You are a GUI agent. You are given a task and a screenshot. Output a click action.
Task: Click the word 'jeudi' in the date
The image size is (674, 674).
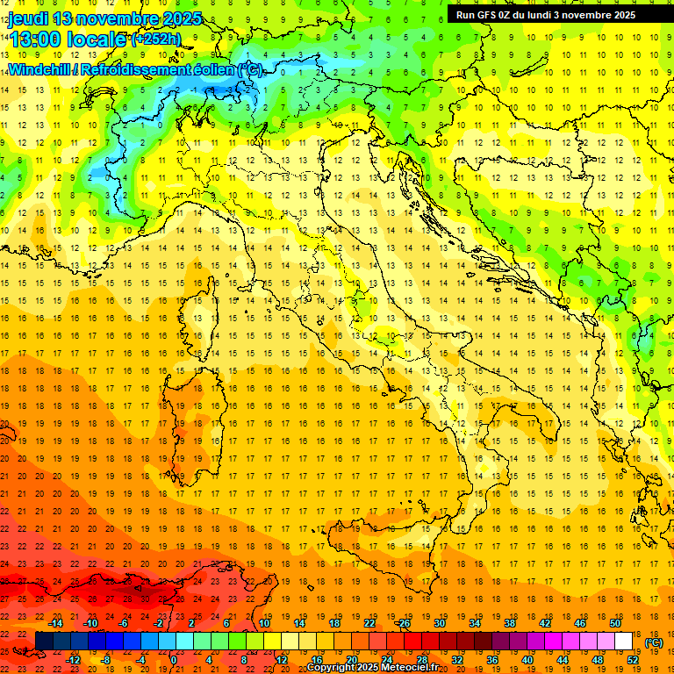[x=28, y=18]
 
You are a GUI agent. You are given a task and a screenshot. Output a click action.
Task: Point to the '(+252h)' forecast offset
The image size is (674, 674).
[x=156, y=39]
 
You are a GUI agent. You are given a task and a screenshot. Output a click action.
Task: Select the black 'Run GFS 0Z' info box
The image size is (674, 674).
[x=554, y=15]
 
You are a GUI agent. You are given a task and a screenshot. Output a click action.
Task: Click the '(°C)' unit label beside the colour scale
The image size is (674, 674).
[x=653, y=642]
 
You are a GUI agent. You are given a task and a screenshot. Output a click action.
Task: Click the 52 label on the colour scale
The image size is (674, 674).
[x=633, y=659]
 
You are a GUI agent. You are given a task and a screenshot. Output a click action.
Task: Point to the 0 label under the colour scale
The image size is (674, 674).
[x=174, y=659]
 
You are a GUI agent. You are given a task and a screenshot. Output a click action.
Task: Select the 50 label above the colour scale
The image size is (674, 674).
[x=615, y=623]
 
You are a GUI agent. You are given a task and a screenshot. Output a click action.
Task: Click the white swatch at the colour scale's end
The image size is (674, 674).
[x=624, y=642]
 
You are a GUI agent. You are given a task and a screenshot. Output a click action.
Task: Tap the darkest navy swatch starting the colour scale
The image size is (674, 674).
[x=44, y=642]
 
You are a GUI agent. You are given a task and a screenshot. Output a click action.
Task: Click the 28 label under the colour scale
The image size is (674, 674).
[x=421, y=659]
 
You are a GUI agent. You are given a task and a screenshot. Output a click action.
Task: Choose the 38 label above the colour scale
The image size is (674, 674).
[x=509, y=623]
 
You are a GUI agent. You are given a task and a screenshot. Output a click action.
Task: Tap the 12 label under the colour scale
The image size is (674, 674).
[x=281, y=659]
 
